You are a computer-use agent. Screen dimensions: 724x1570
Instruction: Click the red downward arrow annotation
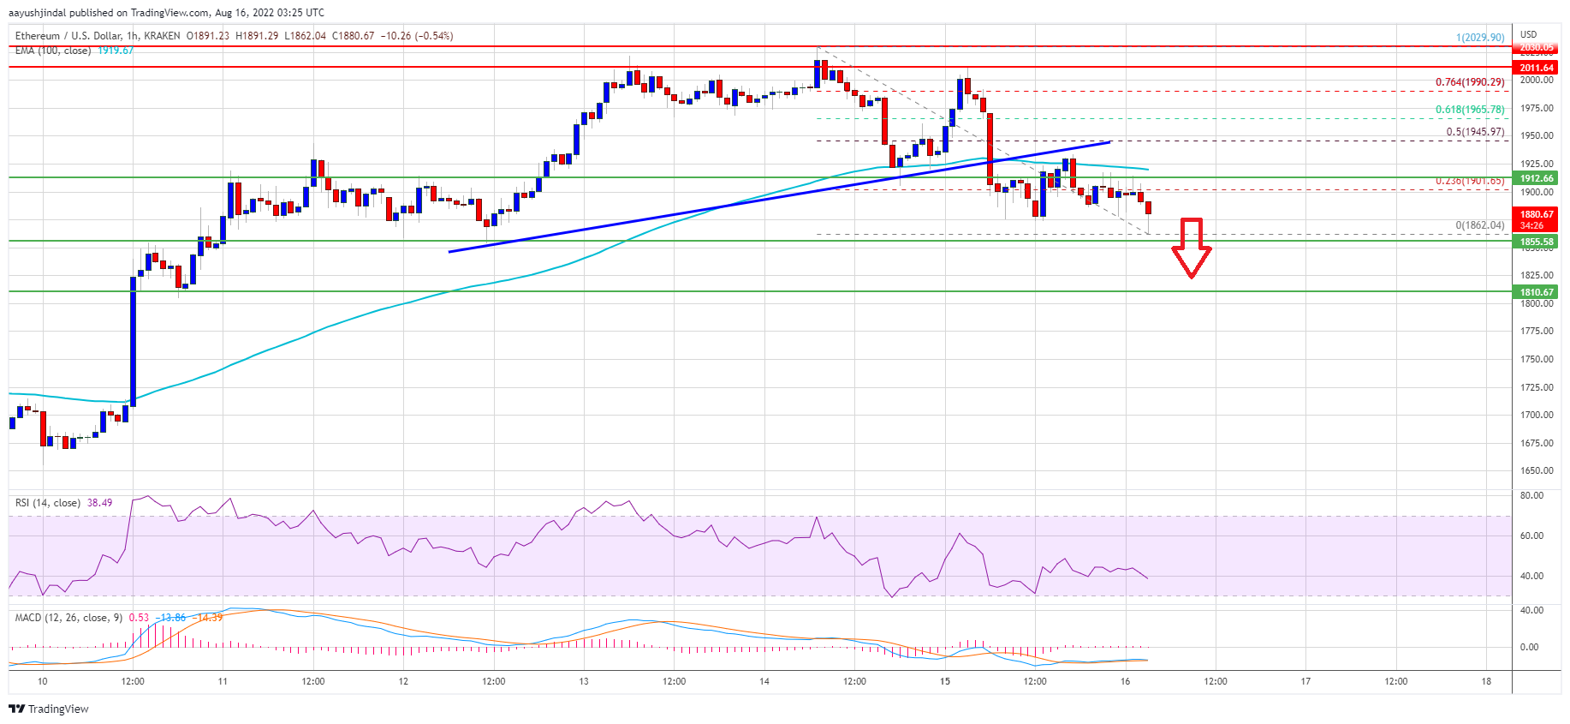[1191, 248]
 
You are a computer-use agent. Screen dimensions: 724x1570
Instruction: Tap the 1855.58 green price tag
[1536, 242]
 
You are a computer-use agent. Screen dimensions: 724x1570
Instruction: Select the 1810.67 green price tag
[1536, 292]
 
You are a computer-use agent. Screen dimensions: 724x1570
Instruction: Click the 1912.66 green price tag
[1536, 178]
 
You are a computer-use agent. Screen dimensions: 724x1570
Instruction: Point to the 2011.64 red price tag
[1536, 68]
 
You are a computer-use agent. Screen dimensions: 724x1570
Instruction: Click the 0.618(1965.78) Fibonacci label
[1469, 110]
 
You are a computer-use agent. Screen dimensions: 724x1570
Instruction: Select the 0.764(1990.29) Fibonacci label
[1469, 82]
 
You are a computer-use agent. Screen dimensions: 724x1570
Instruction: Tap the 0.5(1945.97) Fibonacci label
[1474, 132]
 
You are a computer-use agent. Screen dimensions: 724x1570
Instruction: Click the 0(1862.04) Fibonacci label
[1479, 225]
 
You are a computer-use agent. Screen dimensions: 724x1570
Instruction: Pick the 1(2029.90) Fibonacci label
[1479, 38]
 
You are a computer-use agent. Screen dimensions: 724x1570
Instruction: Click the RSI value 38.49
[99, 503]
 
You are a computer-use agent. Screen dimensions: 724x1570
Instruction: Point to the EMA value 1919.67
[116, 51]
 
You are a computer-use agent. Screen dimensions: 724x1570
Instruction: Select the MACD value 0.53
[139, 618]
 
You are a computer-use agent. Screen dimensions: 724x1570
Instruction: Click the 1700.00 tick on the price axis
[1536, 415]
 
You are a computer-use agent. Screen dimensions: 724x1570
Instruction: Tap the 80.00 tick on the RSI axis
[1531, 495]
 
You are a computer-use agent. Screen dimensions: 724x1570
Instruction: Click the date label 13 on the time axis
[584, 682]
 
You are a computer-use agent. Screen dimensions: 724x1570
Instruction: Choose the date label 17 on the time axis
[1305, 682]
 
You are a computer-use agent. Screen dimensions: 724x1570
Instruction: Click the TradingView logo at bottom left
[49, 709]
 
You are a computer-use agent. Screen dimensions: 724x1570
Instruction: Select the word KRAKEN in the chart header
[162, 36]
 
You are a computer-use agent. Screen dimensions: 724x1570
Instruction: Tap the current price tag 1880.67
[1536, 214]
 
